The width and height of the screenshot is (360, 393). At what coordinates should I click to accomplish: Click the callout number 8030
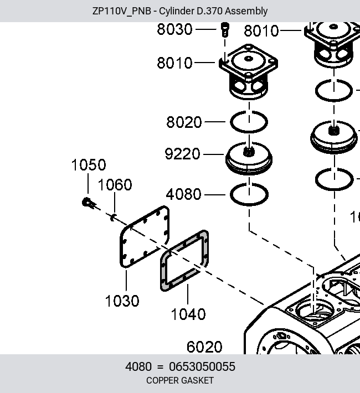174,29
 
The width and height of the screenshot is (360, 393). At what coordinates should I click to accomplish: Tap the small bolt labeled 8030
225,29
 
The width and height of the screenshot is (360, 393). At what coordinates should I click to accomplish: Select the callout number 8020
184,122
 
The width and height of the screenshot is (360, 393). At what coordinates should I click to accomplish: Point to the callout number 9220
182,154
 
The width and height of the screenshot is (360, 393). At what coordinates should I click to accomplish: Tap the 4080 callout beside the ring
184,194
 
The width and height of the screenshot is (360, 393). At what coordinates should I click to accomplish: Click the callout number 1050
89,165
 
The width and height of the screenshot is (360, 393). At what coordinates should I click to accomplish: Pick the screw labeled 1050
88,203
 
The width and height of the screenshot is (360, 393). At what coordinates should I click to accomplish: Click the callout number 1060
115,185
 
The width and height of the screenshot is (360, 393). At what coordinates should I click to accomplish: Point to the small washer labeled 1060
112,218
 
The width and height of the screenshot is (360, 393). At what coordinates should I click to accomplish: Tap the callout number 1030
122,301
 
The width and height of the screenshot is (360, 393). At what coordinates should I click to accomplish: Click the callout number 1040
188,314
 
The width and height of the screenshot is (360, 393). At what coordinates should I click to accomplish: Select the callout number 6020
204,347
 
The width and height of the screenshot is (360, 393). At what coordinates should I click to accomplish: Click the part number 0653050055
202,366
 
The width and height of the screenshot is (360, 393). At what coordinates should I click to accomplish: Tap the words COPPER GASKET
180,380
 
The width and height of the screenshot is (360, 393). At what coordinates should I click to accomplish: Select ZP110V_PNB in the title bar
122,11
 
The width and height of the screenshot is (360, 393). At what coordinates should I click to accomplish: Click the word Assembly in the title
246,11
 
